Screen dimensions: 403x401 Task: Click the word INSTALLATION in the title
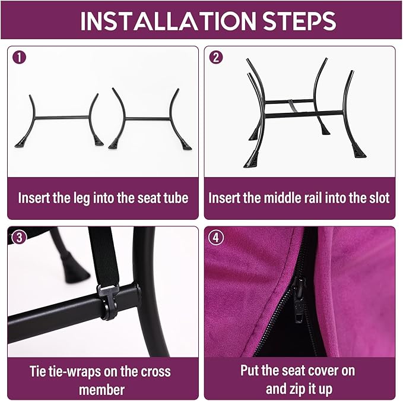pos(168,21)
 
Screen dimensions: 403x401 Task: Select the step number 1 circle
pos(19,58)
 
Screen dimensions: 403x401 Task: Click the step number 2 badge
pos(216,58)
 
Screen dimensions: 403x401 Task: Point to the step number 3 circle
pos(19,238)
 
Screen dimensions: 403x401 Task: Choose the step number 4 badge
pos(216,238)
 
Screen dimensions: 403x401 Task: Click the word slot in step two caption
pos(379,198)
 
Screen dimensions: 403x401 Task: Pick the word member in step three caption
pos(101,390)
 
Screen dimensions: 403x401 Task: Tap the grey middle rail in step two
pos(293,106)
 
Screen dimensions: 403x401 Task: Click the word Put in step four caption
pos(250,371)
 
